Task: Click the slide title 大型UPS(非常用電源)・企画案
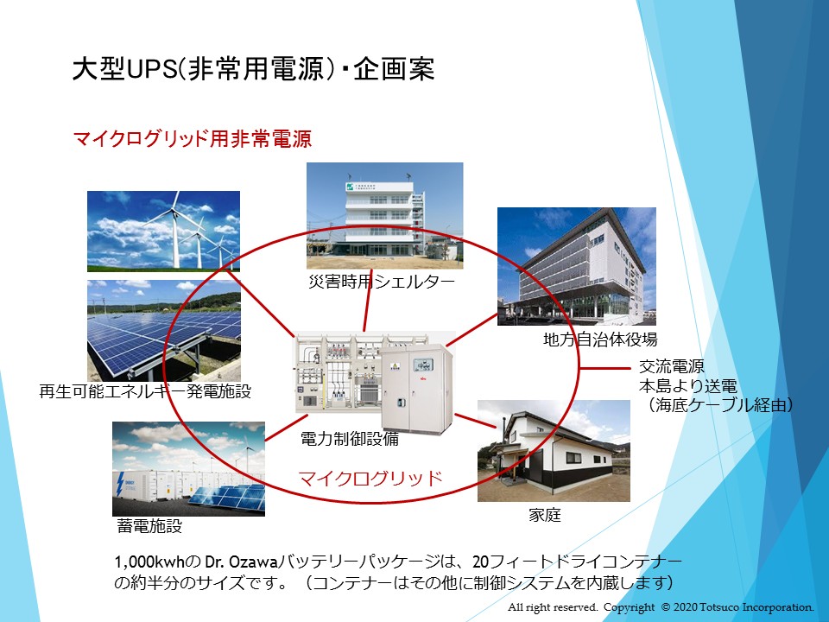(x=253, y=69)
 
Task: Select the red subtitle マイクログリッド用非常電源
(x=192, y=138)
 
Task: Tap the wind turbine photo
(x=163, y=232)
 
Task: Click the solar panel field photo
(x=164, y=330)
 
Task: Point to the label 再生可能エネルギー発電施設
(x=145, y=391)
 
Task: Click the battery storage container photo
(x=189, y=468)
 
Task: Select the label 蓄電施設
(x=149, y=526)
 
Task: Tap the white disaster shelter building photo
(x=385, y=216)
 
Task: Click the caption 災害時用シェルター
(x=382, y=282)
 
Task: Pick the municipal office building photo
(x=577, y=267)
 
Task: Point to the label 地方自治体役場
(x=600, y=339)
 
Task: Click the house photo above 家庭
(x=554, y=451)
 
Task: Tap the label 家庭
(x=545, y=515)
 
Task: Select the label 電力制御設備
(x=350, y=439)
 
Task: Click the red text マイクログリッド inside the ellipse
(x=370, y=478)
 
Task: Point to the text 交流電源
(x=672, y=366)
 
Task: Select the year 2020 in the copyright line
(x=685, y=607)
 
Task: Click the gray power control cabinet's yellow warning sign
(x=395, y=368)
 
